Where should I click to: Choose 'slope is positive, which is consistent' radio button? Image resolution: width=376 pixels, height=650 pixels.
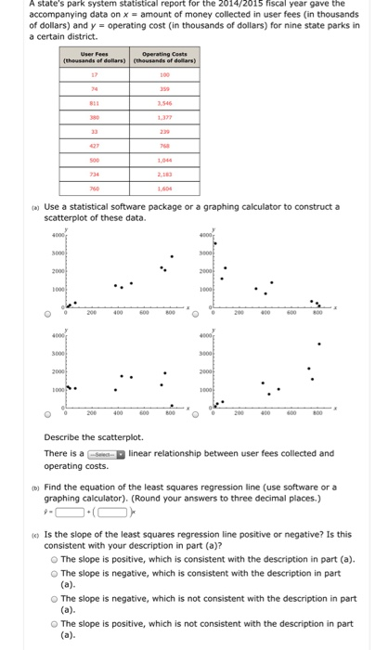(54, 560)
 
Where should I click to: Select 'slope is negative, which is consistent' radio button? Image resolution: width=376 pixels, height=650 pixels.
(54, 574)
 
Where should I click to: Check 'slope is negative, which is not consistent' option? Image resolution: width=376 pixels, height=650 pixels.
(54, 599)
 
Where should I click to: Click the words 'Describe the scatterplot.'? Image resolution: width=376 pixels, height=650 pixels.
(94, 436)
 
